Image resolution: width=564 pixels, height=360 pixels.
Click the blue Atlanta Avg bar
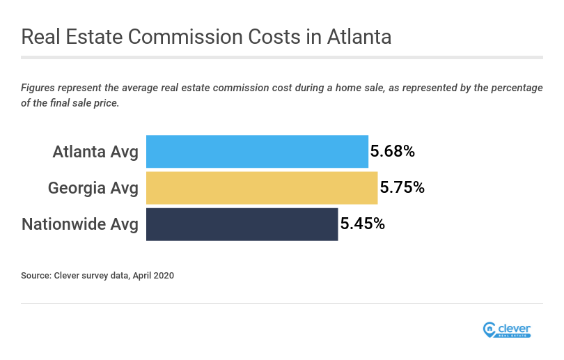(x=257, y=152)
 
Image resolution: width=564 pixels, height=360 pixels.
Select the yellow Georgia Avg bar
(x=262, y=188)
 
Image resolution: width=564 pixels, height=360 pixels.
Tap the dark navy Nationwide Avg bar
(x=242, y=224)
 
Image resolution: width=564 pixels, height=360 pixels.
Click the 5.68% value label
(x=392, y=151)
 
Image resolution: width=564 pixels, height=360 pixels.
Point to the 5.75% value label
(x=402, y=187)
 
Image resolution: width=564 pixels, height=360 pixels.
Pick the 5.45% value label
(x=362, y=224)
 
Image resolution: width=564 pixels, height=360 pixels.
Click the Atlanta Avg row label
(x=95, y=152)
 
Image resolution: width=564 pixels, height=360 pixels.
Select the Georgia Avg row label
(x=93, y=188)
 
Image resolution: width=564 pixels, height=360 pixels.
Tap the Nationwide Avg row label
(x=80, y=224)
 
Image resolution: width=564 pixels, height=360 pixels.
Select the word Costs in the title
(x=271, y=37)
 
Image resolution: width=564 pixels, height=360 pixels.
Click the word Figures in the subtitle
(x=39, y=88)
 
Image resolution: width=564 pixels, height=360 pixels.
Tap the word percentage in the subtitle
(x=514, y=88)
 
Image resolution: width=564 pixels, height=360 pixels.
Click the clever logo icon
(x=489, y=330)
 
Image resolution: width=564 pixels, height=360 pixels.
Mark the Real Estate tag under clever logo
(x=515, y=336)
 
